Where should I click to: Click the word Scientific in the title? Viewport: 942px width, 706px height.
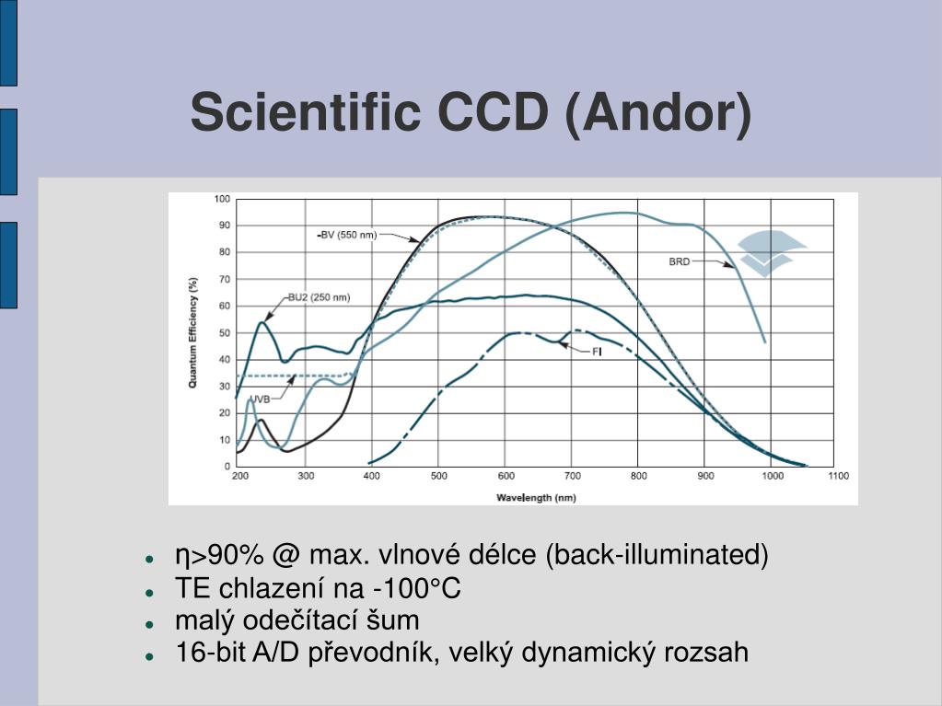305,111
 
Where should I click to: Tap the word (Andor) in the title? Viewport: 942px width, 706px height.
658,114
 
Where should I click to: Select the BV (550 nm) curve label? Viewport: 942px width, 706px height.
347,235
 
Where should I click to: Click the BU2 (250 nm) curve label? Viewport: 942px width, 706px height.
319,297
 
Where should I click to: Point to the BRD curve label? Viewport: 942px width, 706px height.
680,261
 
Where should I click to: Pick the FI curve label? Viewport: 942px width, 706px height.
597,352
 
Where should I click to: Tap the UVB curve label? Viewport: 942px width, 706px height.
260,399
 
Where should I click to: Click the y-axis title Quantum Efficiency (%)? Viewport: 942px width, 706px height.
192,332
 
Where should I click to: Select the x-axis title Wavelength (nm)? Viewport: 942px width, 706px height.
536,498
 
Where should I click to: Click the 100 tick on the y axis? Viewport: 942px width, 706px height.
222,200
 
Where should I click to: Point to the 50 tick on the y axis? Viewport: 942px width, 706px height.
225,332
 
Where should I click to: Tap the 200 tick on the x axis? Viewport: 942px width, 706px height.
239,476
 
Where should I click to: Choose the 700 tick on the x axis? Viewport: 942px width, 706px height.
573,476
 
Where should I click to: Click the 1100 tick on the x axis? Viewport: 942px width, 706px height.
839,476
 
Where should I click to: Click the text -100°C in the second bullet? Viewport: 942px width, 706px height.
417,588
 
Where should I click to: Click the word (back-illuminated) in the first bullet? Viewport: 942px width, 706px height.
657,555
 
